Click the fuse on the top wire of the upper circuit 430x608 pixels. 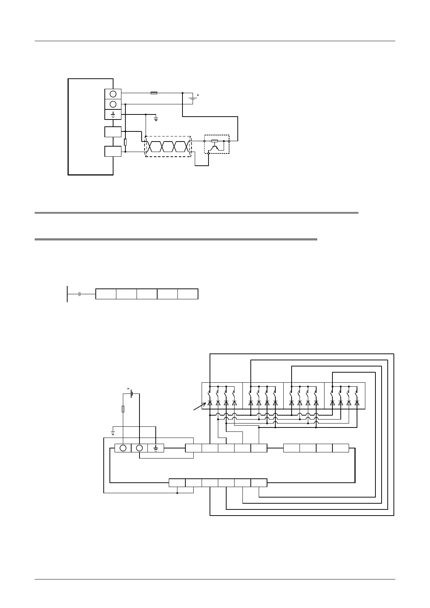(154, 93)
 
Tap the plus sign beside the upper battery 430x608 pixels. (198, 95)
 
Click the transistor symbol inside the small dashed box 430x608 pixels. (216, 147)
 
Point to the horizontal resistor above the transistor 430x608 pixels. (215, 141)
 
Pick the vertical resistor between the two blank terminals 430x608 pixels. (125, 142)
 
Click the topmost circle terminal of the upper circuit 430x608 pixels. (113, 94)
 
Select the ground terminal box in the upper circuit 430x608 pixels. (113, 114)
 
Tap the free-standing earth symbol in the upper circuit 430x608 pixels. (156, 118)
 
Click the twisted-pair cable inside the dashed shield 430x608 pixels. (168, 147)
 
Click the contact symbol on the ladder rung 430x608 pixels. (79, 294)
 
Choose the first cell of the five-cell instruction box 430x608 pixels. (106, 294)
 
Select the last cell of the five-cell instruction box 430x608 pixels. (188, 294)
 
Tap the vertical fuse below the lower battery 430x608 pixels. (123, 409)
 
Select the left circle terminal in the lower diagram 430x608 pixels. (123, 448)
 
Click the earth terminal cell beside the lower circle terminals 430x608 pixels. (156, 448)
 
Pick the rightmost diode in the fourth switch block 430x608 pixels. (357, 403)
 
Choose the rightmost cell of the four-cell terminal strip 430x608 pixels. (341, 448)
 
